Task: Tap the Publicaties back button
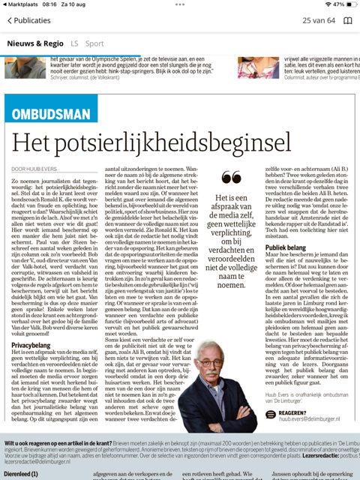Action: pos(28,20)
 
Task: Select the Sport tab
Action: pos(94,43)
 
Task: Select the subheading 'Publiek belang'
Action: pos(285,246)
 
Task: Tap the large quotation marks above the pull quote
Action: pos(232,178)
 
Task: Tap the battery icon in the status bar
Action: pos(349,4)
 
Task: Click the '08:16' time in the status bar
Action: pos(49,4)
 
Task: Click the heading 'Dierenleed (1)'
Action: pos(21,473)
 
